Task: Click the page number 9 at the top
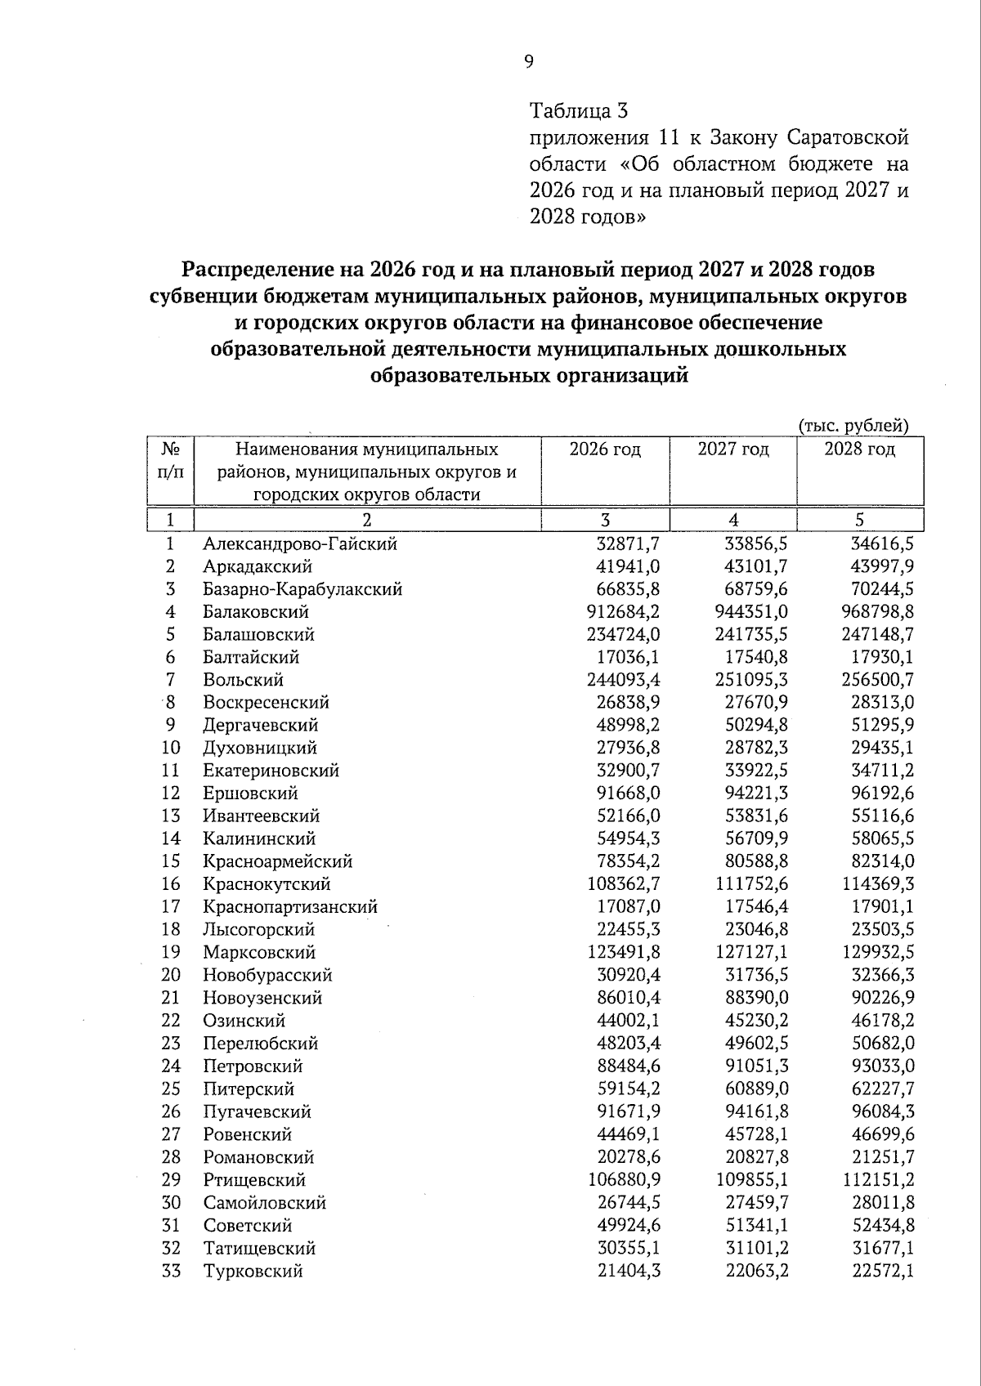tap(529, 62)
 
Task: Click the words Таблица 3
tap(580, 110)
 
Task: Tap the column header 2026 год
tap(605, 449)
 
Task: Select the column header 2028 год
tap(859, 449)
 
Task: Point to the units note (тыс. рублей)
tap(853, 425)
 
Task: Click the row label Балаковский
tap(256, 612)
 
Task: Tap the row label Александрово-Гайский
tap(300, 544)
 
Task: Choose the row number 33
tap(170, 1271)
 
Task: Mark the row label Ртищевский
tap(254, 1180)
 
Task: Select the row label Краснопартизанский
tap(290, 907)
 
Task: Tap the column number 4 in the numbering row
tap(733, 521)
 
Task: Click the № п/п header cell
tap(170, 461)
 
